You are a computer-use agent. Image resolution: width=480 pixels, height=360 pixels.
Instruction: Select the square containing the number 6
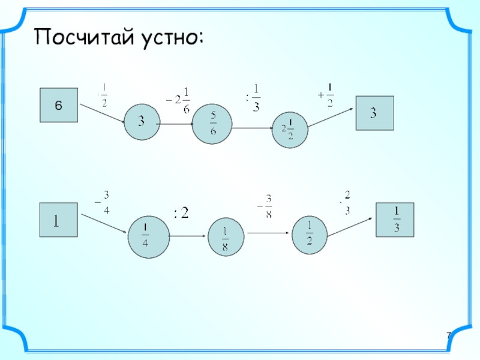pos(58,106)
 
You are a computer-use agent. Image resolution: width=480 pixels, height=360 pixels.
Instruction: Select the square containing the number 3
pos(374,113)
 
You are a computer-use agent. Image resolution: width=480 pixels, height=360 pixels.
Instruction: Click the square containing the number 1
pos(58,221)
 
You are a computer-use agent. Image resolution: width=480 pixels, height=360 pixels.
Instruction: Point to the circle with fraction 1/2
pos(310,233)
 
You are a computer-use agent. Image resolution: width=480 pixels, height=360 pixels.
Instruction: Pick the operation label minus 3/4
pos(103,201)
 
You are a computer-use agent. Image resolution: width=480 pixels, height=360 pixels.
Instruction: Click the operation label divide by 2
pos(181,212)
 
